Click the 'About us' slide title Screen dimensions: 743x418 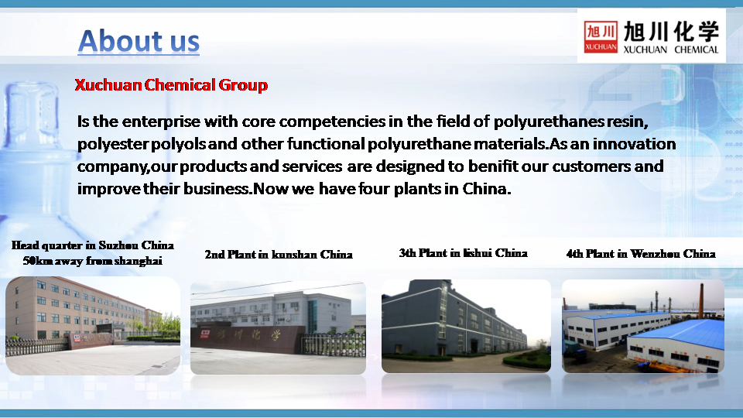139,41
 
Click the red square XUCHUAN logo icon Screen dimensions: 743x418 601,37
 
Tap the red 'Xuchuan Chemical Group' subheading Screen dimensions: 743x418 171,85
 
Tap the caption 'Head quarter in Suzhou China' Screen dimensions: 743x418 92,245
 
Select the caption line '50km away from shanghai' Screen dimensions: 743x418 92,261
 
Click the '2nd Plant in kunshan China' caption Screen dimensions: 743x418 279,255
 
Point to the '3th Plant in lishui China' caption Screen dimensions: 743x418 463,253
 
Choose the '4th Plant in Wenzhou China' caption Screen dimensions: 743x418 641,254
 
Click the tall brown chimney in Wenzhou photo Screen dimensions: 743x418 701,300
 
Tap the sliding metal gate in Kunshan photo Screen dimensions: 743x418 334,344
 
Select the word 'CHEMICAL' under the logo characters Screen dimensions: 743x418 697,50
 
